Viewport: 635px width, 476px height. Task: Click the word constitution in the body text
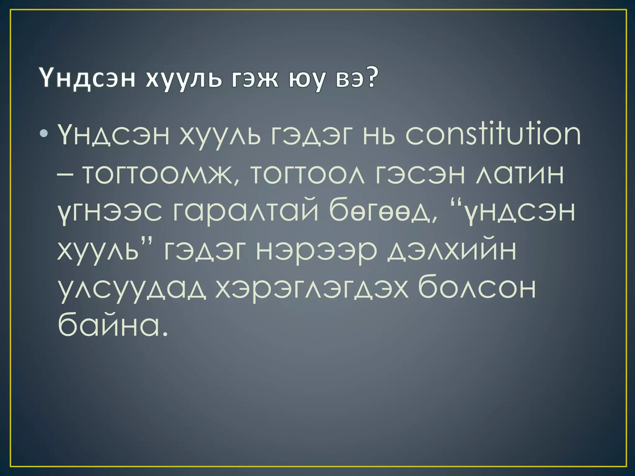[493, 134]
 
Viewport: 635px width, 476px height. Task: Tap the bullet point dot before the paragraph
[44, 134]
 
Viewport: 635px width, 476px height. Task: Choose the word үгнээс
[110, 212]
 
